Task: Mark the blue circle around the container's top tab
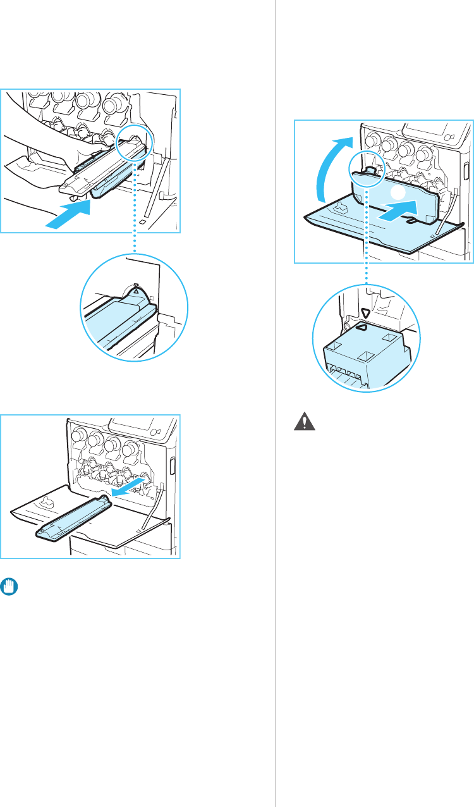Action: [365, 171]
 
